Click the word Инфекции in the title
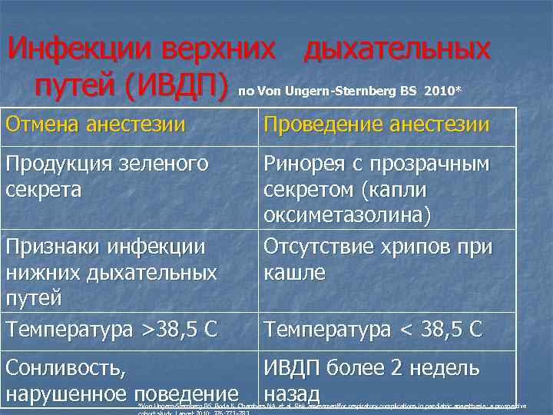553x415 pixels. [78, 50]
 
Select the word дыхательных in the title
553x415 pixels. [396, 50]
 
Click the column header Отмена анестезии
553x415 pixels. [95, 125]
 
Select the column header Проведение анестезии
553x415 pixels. [376, 125]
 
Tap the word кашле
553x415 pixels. [295, 273]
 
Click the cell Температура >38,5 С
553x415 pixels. [111, 330]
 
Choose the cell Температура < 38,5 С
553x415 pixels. [373, 330]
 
